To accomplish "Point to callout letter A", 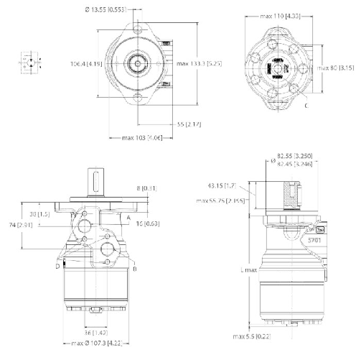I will tap(129, 216).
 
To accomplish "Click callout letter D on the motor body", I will tap(57, 266).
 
